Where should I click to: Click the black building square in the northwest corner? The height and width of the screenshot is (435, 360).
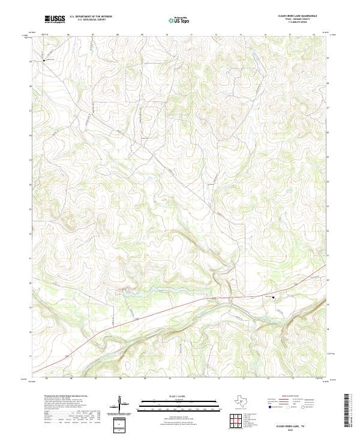pos(44,59)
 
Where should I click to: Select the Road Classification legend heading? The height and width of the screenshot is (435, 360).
pos(291,397)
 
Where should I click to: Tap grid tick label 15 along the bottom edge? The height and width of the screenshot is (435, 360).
pos(293,378)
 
